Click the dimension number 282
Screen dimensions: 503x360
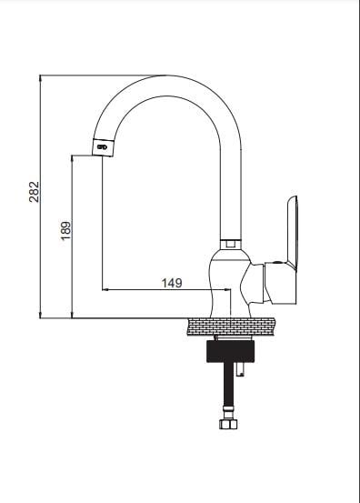coord(35,192)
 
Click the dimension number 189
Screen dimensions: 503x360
coord(66,231)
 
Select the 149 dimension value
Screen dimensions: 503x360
coord(172,282)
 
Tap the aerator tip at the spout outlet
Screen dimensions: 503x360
coord(104,145)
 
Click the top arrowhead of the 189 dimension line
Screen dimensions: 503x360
coord(73,157)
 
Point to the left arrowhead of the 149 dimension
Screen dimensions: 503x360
coord(105,290)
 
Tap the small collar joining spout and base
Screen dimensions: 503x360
coord(230,243)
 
